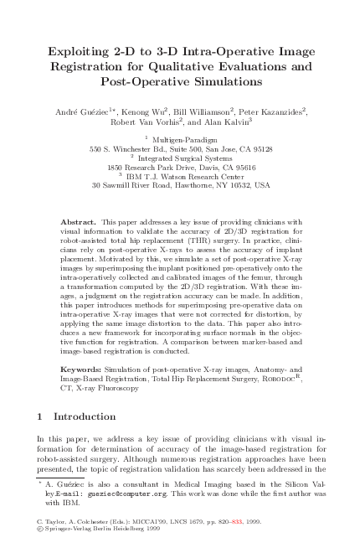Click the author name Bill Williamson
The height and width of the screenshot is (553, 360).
click(x=204, y=110)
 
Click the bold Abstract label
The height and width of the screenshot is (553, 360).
click(x=79, y=220)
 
